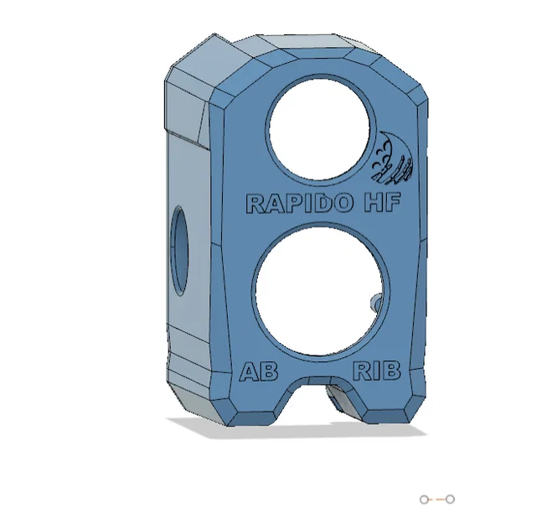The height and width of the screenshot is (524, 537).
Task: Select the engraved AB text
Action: [x=259, y=371]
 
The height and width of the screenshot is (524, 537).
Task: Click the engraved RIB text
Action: [x=377, y=371]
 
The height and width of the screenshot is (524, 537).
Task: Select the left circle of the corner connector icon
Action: [x=425, y=500]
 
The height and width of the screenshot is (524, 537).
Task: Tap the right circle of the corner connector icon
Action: [x=450, y=500]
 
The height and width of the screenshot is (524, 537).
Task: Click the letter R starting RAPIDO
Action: [x=254, y=203]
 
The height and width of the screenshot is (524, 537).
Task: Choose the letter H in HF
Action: [x=374, y=203]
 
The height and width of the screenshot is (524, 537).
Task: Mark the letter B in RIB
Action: [x=390, y=371]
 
